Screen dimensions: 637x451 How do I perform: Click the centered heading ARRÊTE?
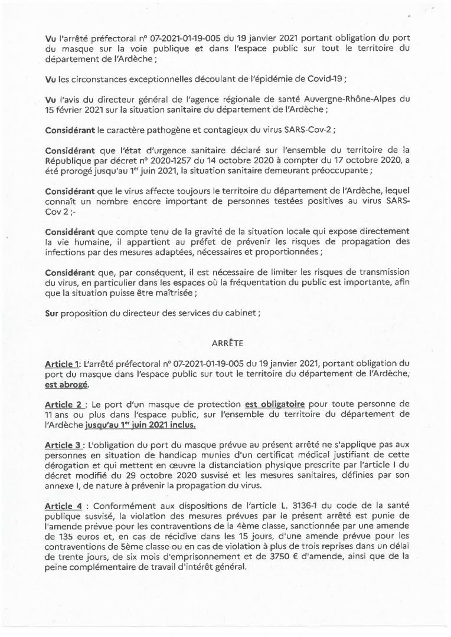pos(225,342)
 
